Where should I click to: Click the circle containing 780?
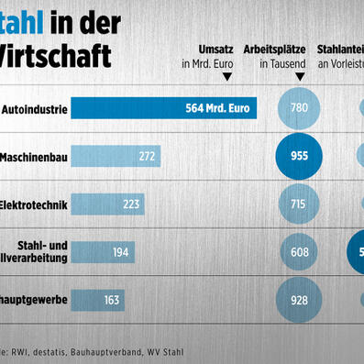pyautogui.click(x=299, y=108)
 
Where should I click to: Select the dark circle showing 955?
pyautogui.click(x=299, y=156)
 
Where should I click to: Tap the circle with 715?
pyautogui.click(x=299, y=204)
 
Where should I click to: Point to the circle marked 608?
pyautogui.click(x=299, y=250)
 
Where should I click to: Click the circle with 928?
pyautogui.click(x=299, y=299)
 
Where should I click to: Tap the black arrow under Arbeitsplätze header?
pyautogui.click(x=298, y=78)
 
